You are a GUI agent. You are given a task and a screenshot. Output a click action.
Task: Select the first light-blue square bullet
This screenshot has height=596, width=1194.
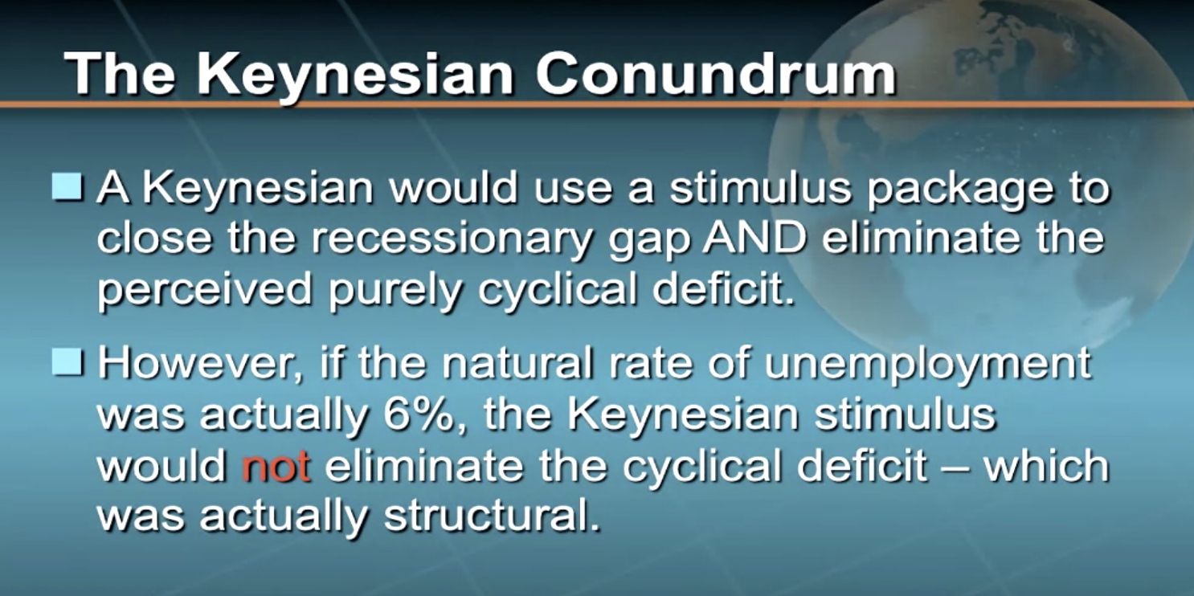coord(67,186)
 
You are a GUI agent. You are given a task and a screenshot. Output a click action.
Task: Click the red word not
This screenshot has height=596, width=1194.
coord(276,466)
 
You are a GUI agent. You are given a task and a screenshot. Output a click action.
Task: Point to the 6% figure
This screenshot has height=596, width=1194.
coord(423,414)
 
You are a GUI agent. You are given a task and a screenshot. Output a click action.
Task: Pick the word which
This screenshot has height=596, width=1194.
coord(1047,465)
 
